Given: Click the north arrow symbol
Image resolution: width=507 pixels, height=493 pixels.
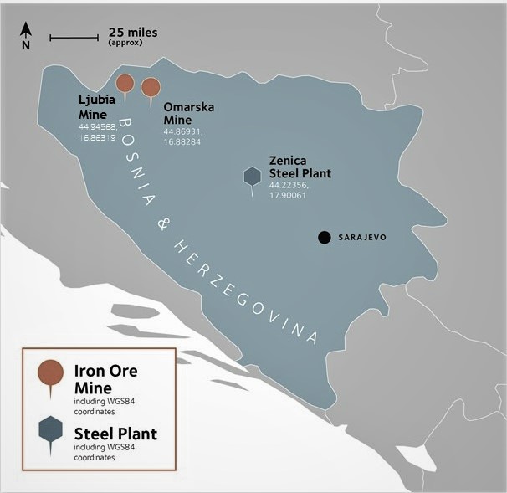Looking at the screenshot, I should pos(26,34).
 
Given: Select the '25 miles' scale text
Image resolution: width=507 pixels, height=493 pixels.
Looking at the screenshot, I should pos(132,33).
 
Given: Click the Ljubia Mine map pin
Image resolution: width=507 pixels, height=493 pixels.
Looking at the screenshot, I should pos(125,83).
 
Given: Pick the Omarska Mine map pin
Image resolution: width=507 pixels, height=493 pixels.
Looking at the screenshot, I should pos(151,87).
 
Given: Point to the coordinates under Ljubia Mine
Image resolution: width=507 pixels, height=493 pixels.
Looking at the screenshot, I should pos(98,131).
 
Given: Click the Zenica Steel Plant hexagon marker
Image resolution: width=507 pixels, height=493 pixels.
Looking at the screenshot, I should pos(252,176).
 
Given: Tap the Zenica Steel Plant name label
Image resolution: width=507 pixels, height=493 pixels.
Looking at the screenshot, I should pos(300,167).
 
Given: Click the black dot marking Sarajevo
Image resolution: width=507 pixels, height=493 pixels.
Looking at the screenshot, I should pos(324,238).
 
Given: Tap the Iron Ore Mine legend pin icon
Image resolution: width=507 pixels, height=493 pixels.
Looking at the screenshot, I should pos(51,372).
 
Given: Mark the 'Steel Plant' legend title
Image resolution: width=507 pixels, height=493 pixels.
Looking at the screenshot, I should pos(115,434).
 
